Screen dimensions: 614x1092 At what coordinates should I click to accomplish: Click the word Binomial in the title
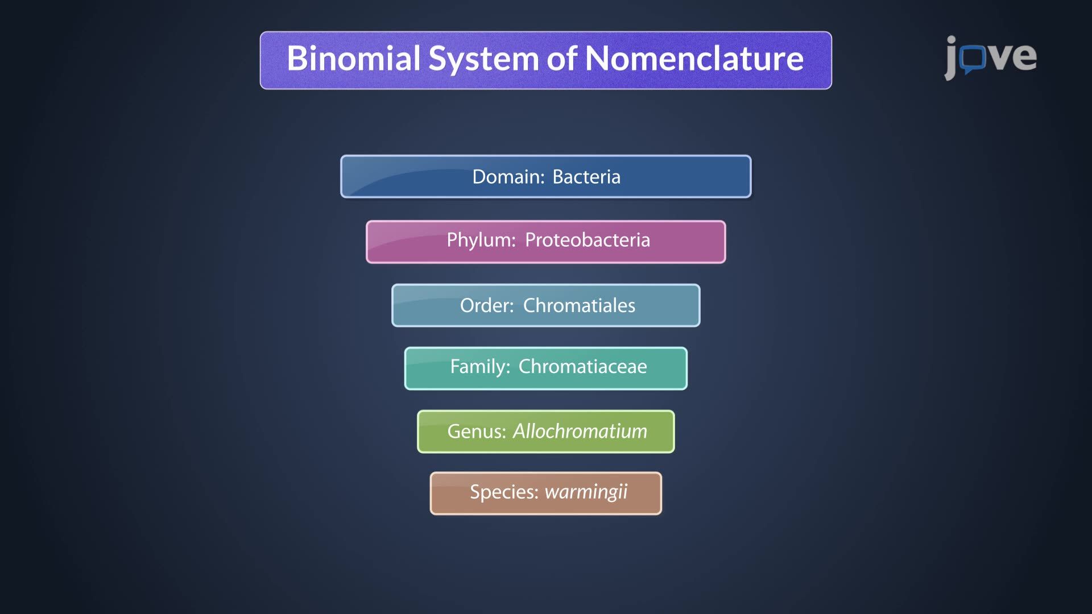[x=354, y=59]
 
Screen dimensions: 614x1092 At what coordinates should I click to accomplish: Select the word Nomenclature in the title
[x=694, y=59]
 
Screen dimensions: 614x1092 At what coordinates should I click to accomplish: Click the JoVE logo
[x=990, y=57]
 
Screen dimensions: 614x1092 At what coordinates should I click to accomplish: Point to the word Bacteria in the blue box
[x=586, y=177]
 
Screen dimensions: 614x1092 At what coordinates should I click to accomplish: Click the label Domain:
[x=508, y=177]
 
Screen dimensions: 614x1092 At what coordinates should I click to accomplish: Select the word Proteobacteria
[x=587, y=240]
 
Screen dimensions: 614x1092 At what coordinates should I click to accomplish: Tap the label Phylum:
[x=481, y=240]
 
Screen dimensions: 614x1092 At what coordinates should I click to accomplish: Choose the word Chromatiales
[x=579, y=305]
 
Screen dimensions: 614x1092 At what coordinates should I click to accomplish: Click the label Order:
[x=487, y=305]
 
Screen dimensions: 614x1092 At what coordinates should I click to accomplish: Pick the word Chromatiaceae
[x=582, y=367]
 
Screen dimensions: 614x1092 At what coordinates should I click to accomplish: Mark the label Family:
[x=479, y=367]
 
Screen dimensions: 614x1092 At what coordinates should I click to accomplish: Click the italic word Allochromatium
[x=580, y=432]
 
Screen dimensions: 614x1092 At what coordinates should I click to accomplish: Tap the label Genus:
[x=476, y=432]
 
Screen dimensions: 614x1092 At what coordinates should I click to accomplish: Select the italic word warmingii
[x=586, y=492]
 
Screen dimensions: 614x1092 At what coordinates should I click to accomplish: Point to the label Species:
[x=503, y=492]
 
